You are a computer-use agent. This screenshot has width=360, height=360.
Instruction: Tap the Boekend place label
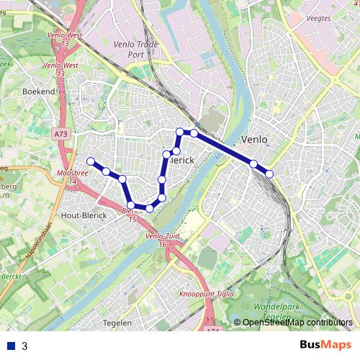pyautogui.click(x=39, y=91)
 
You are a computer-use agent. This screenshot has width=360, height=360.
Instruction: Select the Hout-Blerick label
pyautogui.click(x=85, y=215)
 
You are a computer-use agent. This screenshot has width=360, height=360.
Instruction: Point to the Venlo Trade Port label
pyautogui.click(x=135, y=48)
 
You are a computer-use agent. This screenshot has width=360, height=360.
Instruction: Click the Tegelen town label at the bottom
pyautogui.click(x=117, y=323)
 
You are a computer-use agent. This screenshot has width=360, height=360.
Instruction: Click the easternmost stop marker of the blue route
pyautogui.click(x=270, y=174)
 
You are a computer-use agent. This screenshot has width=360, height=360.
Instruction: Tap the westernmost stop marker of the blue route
pyautogui.click(x=91, y=161)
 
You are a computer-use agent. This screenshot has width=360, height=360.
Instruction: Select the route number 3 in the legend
pyautogui.click(x=24, y=346)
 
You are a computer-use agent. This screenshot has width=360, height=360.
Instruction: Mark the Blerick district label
pyautogui.click(x=181, y=160)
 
